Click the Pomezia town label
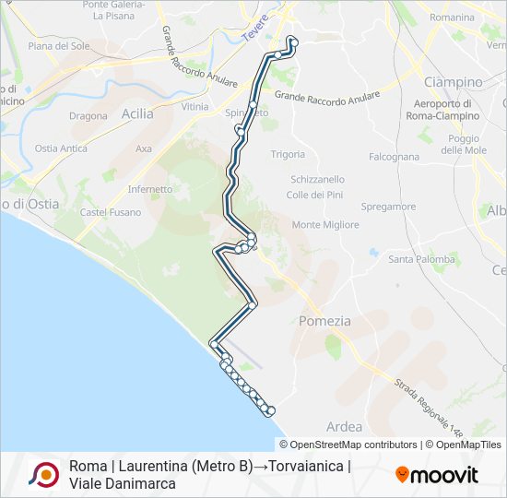point(324,321)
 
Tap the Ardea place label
point(344,427)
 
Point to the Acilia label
point(137,113)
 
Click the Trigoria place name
point(288,154)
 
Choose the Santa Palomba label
point(421,259)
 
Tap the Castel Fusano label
point(111,212)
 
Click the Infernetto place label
point(149,189)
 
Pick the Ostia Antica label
point(61,148)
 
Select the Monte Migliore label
point(325,225)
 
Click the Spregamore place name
point(389,207)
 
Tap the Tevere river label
point(254,26)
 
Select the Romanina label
point(452,18)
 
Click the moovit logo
point(437,475)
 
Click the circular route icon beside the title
point(43,474)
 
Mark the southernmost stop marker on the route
point(271,410)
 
